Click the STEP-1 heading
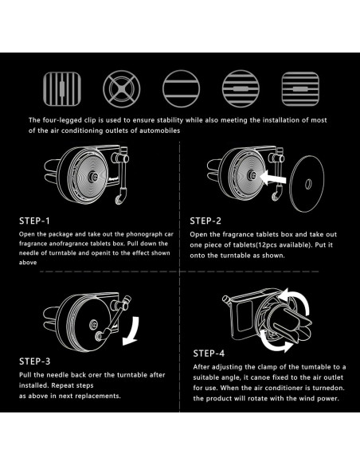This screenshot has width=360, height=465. [x=35, y=221]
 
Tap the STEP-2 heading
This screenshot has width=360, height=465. [x=205, y=221]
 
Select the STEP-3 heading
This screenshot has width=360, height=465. [x=35, y=361]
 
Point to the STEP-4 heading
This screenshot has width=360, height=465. [x=209, y=354]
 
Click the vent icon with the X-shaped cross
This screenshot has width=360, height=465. [x=122, y=88]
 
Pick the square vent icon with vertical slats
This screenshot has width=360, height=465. [x=62, y=88]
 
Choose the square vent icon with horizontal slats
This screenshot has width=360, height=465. [x=300, y=88]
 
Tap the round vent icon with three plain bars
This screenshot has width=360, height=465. [x=181, y=88]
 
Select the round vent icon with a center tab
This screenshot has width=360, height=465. [x=241, y=88]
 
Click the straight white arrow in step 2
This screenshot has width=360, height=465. [x=273, y=178]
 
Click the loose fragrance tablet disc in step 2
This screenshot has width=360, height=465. [x=307, y=184]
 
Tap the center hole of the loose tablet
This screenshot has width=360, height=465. [x=308, y=184]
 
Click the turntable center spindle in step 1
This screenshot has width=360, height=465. [x=94, y=177]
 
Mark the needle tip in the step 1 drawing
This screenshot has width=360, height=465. [x=119, y=199]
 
